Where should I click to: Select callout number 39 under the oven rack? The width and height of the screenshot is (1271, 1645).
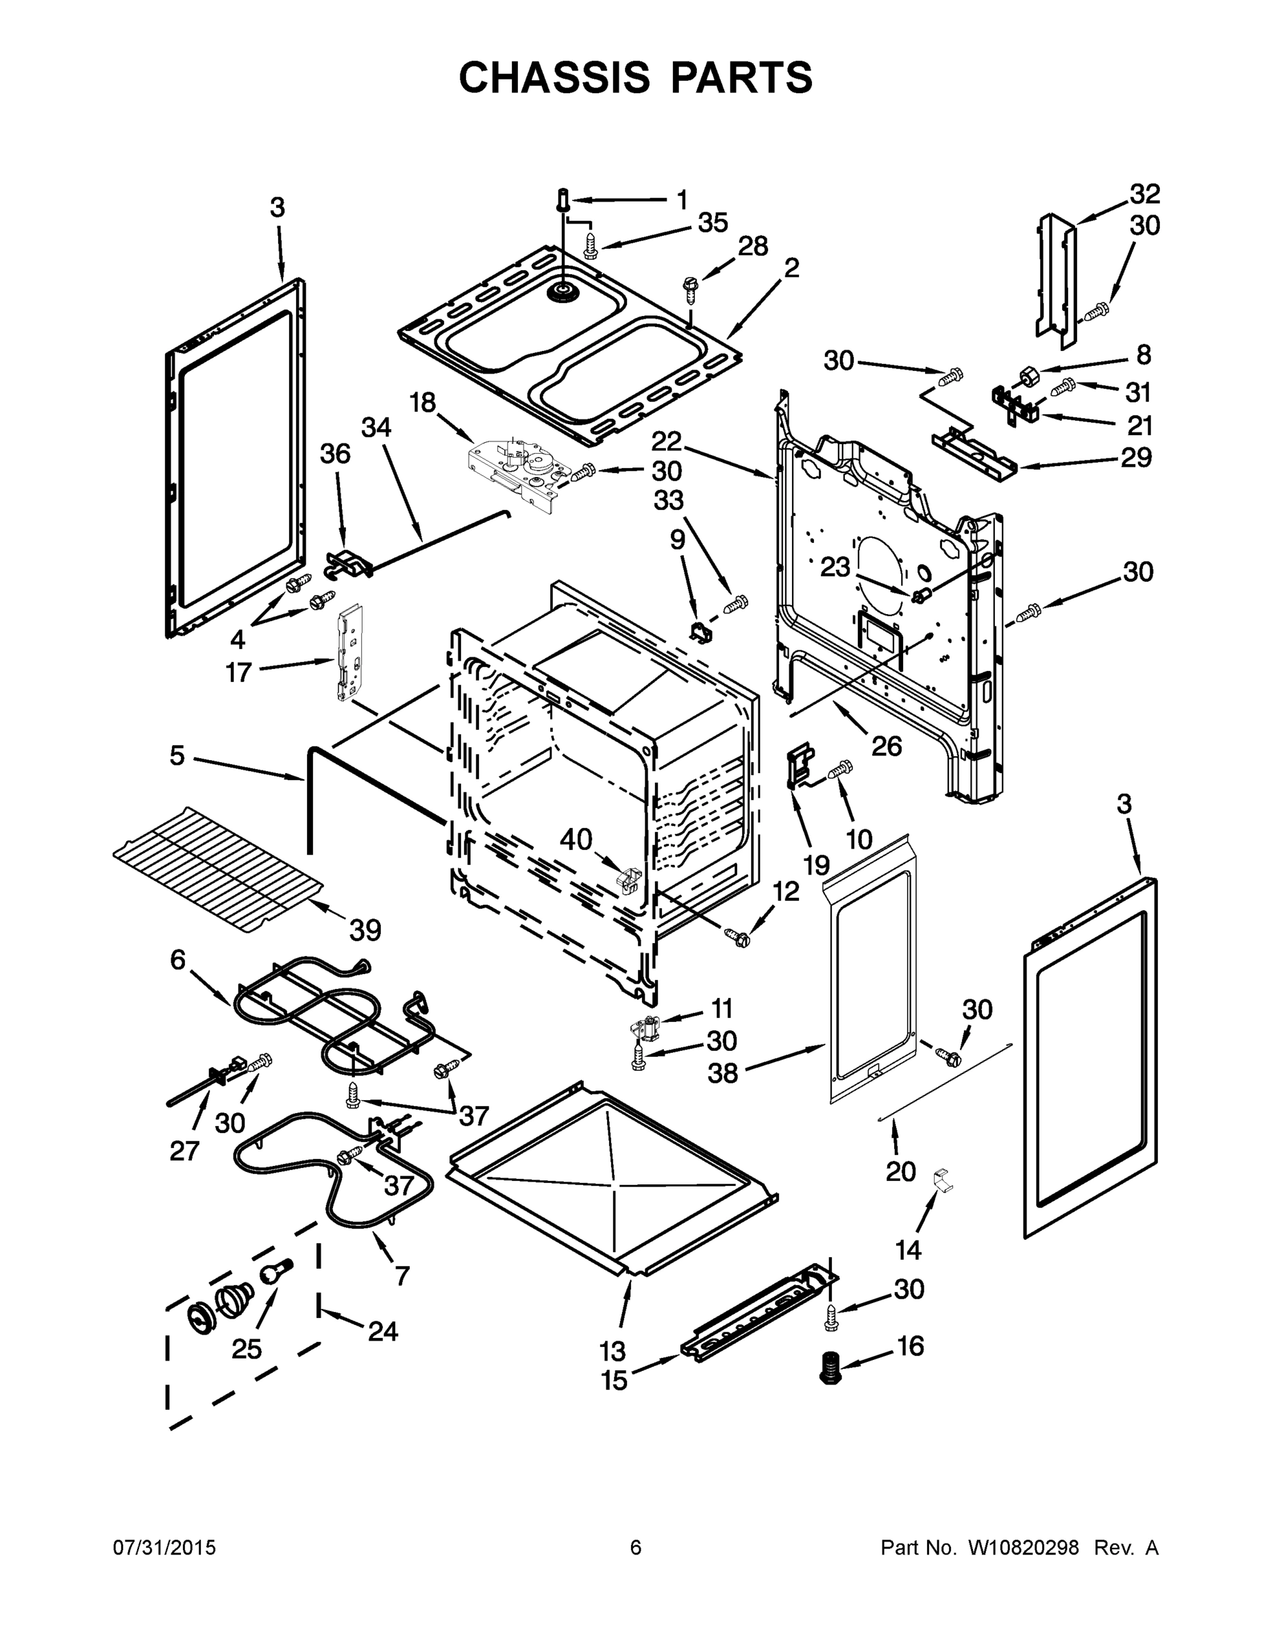pos(365,930)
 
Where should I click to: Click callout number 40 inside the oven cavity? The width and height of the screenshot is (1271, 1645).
pos(576,839)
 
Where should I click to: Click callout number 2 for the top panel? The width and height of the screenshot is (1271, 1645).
pos(791,267)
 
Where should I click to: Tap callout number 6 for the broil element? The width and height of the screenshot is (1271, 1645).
pos(177,960)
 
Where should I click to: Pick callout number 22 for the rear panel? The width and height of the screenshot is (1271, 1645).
pos(667,441)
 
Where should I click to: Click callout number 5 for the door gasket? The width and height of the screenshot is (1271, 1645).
pos(177,755)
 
